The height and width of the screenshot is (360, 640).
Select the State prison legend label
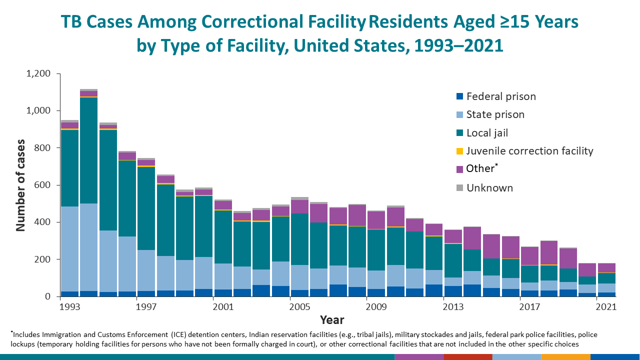pos(495,114)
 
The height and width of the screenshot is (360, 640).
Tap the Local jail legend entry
pos(487,133)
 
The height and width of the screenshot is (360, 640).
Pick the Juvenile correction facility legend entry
pos(529,151)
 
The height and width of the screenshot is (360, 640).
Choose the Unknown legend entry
pos(489,188)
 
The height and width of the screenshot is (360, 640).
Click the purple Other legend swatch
pos(460,169)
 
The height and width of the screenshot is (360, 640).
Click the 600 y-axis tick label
pos(43,185)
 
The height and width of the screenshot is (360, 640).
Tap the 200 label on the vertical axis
pos(43,259)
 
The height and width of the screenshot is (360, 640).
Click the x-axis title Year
pos(332,319)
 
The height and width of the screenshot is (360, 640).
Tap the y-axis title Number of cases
pos(20,185)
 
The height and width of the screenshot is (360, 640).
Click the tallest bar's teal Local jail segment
pos(88,150)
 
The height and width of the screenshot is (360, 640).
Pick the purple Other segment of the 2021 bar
pos(606,268)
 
